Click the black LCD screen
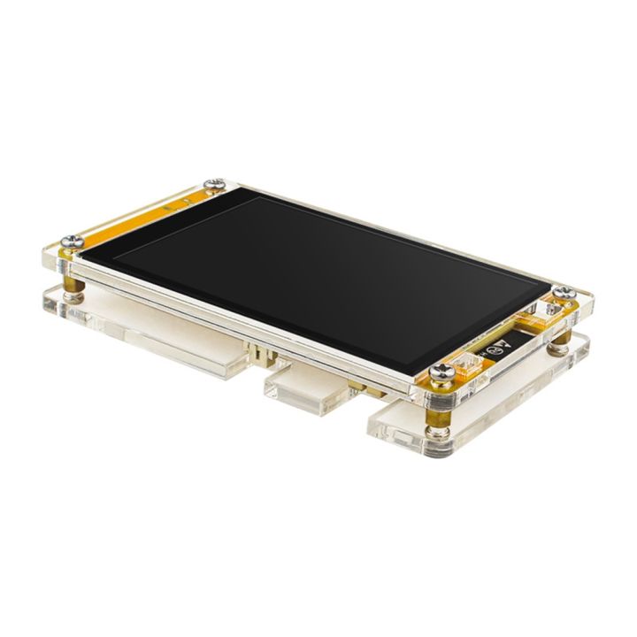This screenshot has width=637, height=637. (327, 283)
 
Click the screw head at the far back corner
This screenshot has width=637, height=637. (212, 184)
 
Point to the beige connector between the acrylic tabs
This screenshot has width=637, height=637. (261, 353)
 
